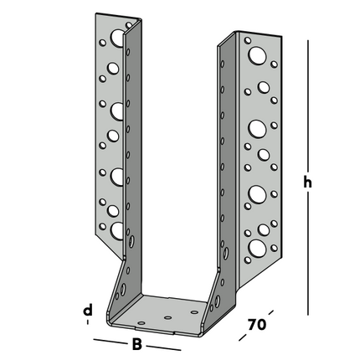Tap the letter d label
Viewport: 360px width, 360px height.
coord(87,311)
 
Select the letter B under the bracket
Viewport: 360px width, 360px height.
coord(136,343)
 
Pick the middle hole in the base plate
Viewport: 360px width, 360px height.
coord(168,318)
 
